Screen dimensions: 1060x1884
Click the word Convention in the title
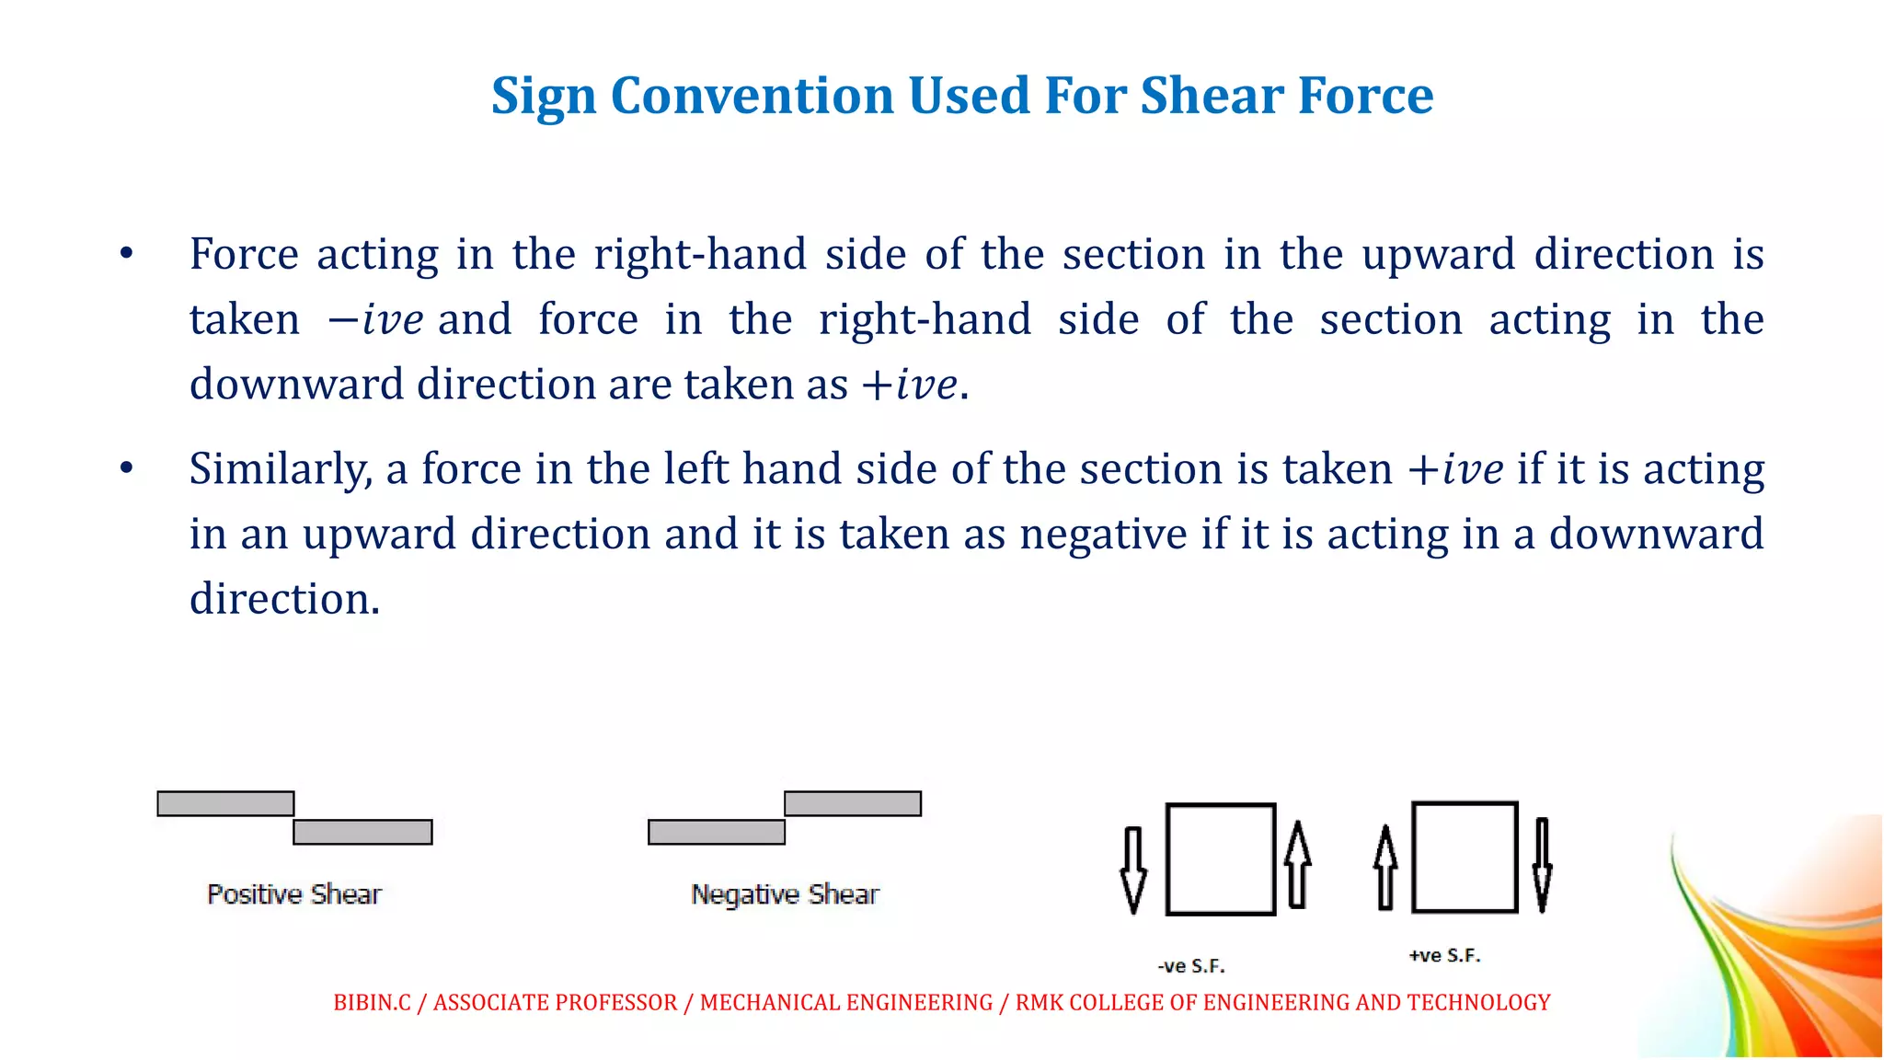[x=752, y=96]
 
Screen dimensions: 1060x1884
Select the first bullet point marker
[x=127, y=254]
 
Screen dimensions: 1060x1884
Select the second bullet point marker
[x=127, y=468]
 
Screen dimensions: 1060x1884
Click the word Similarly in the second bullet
[x=280, y=469]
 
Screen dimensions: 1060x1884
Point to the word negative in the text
[x=1103, y=535]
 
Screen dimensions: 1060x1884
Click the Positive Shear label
[x=294, y=894]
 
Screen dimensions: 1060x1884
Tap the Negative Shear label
[x=785, y=894]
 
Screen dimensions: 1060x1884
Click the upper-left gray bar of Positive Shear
[x=225, y=803]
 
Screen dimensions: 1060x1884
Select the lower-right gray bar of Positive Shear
[x=362, y=832]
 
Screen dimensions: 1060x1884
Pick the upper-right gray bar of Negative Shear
[x=853, y=803]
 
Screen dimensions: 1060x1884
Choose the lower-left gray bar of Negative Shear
[x=717, y=832]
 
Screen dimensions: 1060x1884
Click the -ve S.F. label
[x=1191, y=966]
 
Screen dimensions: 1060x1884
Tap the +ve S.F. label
[x=1444, y=956]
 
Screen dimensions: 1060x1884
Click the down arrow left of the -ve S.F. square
[x=1133, y=869]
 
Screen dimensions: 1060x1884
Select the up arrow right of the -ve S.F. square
[x=1297, y=864]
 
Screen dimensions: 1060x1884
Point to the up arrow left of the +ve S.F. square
[x=1385, y=867]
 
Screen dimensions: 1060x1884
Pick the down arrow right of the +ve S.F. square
[x=1543, y=864]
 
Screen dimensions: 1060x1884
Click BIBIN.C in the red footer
[x=372, y=1002]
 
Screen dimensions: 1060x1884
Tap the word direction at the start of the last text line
[x=284, y=600]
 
